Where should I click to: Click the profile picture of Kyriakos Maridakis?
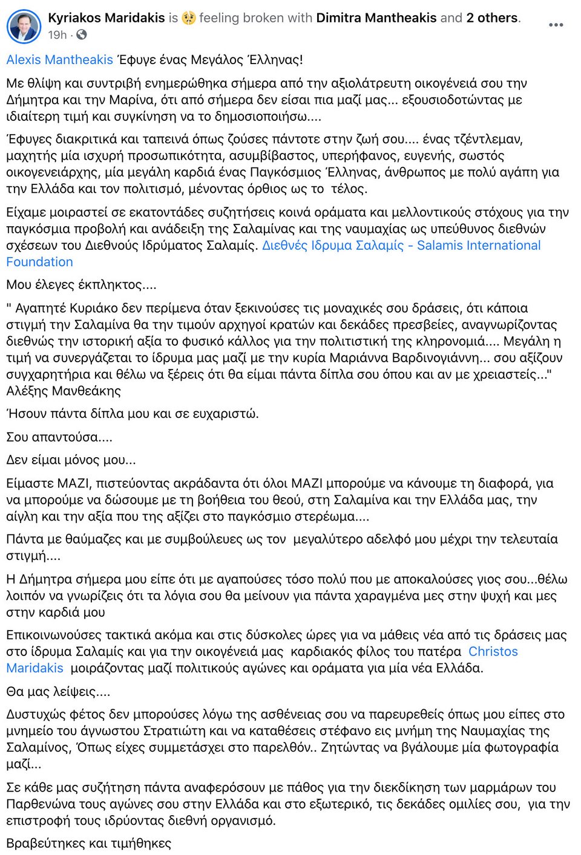(x=24, y=26)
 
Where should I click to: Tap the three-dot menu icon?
(x=556, y=25)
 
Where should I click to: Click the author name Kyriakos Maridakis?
(x=107, y=18)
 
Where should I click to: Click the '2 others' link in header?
(x=492, y=18)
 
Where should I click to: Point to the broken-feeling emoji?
(x=189, y=18)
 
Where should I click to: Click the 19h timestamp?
(x=57, y=35)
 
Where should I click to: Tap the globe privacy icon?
(x=82, y=35)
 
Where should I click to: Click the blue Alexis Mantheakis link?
(x=59, y=60)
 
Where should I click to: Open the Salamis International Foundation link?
(x=401, y=245)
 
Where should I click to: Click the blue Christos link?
(x=493, y=652)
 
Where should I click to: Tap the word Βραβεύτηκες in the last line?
(x=46, y=844)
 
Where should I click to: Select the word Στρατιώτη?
(x=195, y=731)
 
